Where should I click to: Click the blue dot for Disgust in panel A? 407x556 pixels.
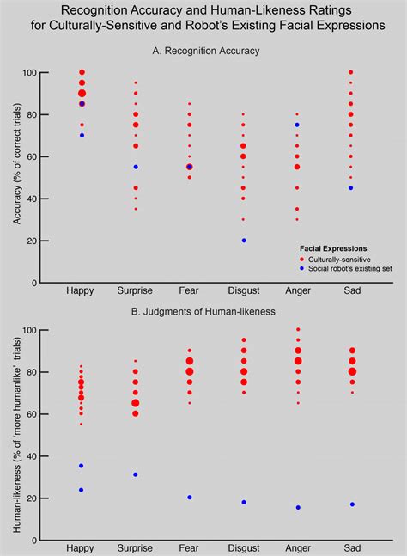[243, 241]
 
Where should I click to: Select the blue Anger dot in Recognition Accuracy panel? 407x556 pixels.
[297, 125]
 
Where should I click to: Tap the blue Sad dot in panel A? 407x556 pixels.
[350, 188]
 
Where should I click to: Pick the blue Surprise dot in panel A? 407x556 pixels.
[136, 167]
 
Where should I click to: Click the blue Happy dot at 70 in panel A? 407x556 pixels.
[82, 136]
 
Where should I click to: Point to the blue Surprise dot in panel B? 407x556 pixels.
[136, 474]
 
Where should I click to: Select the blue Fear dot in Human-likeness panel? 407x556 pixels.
[189, 498]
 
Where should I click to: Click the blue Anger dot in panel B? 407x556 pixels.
[297, 507]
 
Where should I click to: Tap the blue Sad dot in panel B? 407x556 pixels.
[350, 504]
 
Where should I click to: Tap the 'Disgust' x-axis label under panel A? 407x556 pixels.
[243, 292]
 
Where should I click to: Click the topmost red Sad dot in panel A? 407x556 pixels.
[350, 73]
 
